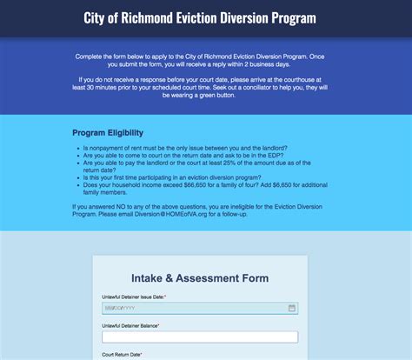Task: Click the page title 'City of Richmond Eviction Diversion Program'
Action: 205,17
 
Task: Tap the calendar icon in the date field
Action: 292,308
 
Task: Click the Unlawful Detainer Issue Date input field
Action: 196,308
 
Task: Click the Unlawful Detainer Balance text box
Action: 200,337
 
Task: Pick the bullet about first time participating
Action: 189,177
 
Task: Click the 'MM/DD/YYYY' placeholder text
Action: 121,308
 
